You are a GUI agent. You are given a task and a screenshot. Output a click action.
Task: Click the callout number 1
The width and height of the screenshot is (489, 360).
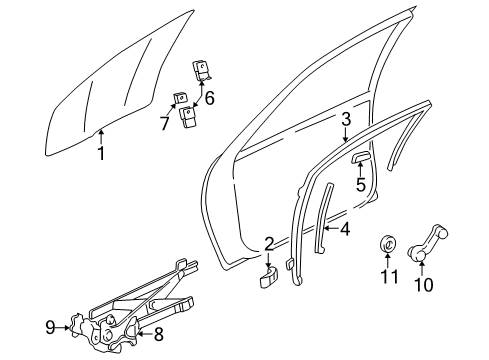pyautogui.click(x=100, y=153)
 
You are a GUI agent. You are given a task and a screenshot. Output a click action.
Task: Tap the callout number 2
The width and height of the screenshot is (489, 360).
pyautogui.click(x=268, y=243)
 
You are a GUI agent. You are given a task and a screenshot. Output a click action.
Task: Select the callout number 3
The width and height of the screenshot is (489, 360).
pyautogui.click(x=344, y=119)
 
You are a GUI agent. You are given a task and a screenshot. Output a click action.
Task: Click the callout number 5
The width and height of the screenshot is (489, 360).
pyautogui.click(x=361, y=183)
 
